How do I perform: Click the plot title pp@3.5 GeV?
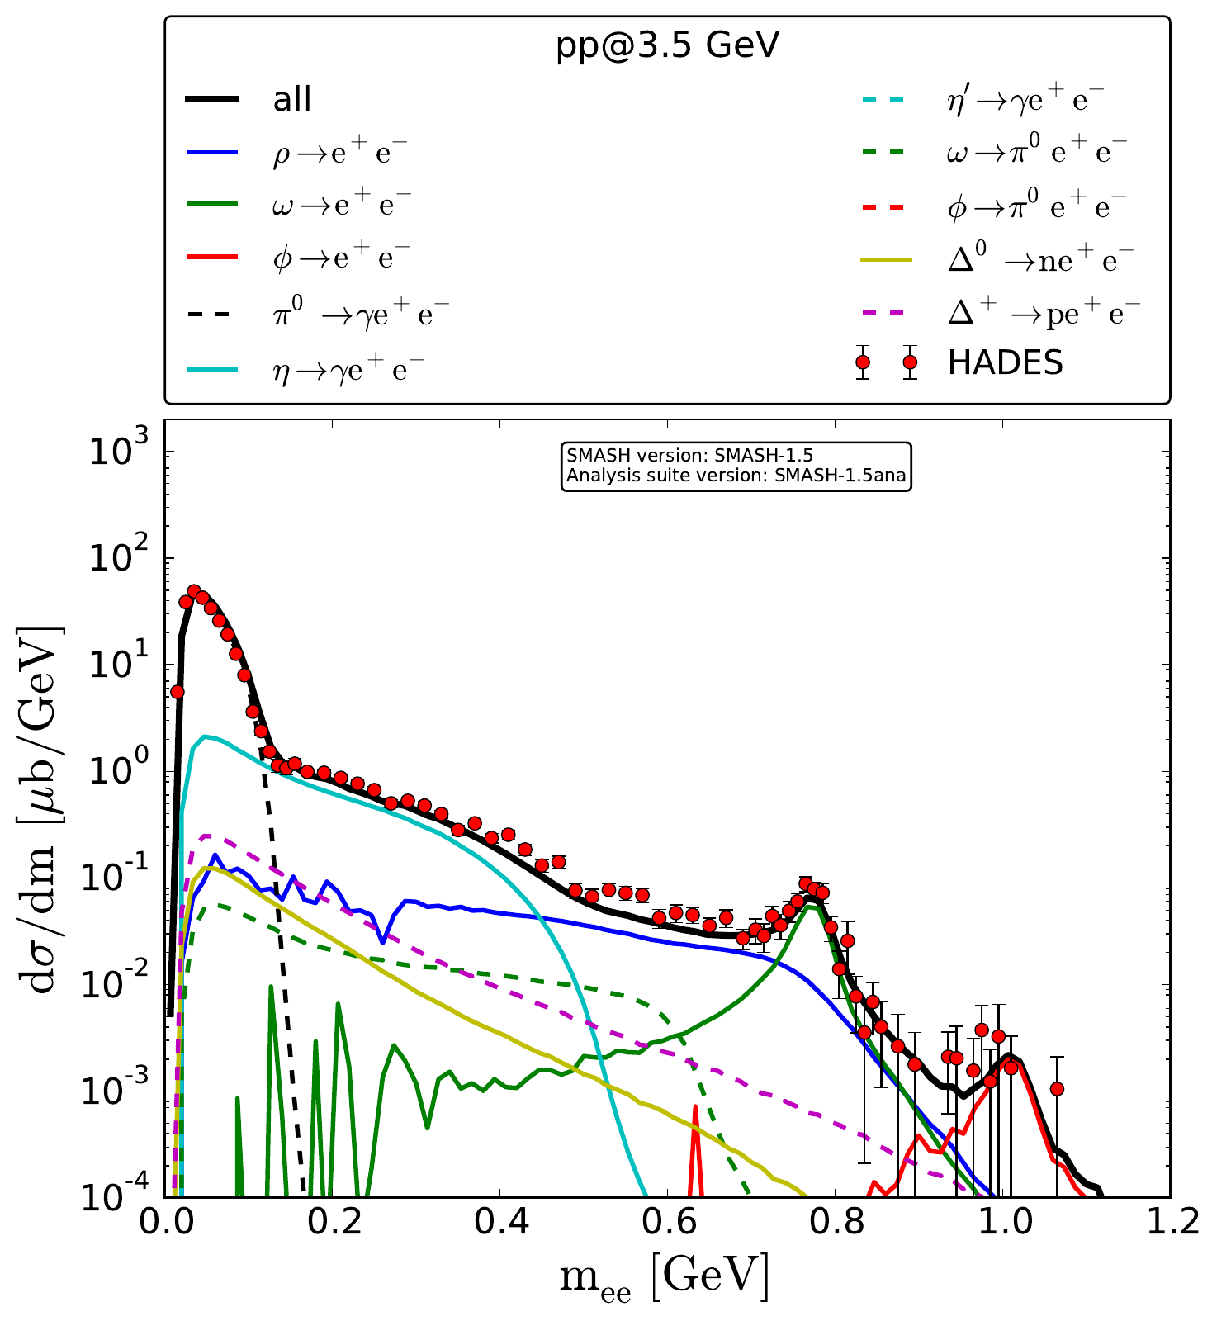667,47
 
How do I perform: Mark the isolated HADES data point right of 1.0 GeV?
1057,1089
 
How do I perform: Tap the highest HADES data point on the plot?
194,591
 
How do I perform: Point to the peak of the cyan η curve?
205,736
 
